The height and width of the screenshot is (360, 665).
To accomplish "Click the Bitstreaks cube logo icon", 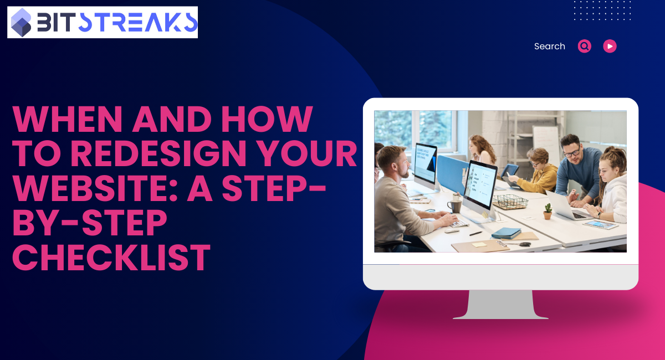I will pos(22,22).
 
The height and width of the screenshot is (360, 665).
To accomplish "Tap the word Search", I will pos(549,47).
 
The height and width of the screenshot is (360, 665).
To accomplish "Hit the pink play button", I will pos(610,47).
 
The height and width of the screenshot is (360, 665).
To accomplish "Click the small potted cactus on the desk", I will pos(547,211).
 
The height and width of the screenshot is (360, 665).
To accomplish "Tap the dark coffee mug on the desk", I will pos(454,206).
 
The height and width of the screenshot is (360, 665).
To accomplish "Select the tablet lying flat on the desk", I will pos(600,224).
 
